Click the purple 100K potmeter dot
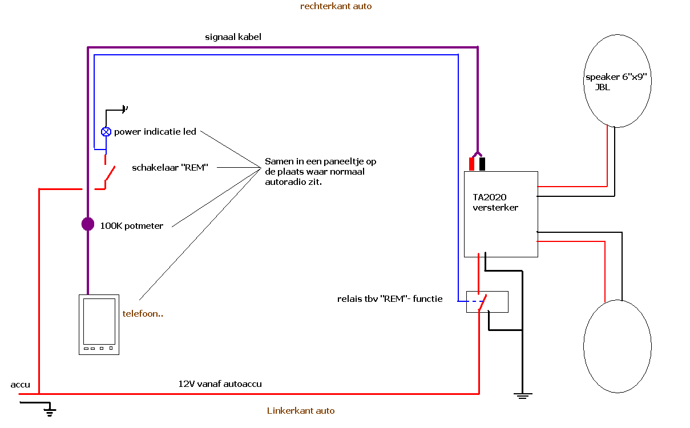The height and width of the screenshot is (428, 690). [87, 224]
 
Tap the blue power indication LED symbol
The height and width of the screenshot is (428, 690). [106, 132]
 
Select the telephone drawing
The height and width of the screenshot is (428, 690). [99, 324]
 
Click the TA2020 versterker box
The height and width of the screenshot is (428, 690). [501, 214]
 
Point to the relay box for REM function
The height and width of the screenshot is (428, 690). [487, 301]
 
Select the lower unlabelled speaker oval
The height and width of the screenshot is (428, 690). [617, 346]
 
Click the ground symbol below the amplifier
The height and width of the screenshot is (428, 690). [522, 394]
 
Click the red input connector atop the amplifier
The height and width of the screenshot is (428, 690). [472, 164]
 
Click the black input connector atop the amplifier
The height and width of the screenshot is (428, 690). [482, 164]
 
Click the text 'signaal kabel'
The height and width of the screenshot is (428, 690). [233, 37]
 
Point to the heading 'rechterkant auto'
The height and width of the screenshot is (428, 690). [336, 6]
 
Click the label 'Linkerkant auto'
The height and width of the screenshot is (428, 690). [301, 411]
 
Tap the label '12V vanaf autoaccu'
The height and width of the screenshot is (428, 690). [220, 384]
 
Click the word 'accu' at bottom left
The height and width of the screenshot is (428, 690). [20, 385]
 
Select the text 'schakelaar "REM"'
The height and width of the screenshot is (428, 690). [170, 168]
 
